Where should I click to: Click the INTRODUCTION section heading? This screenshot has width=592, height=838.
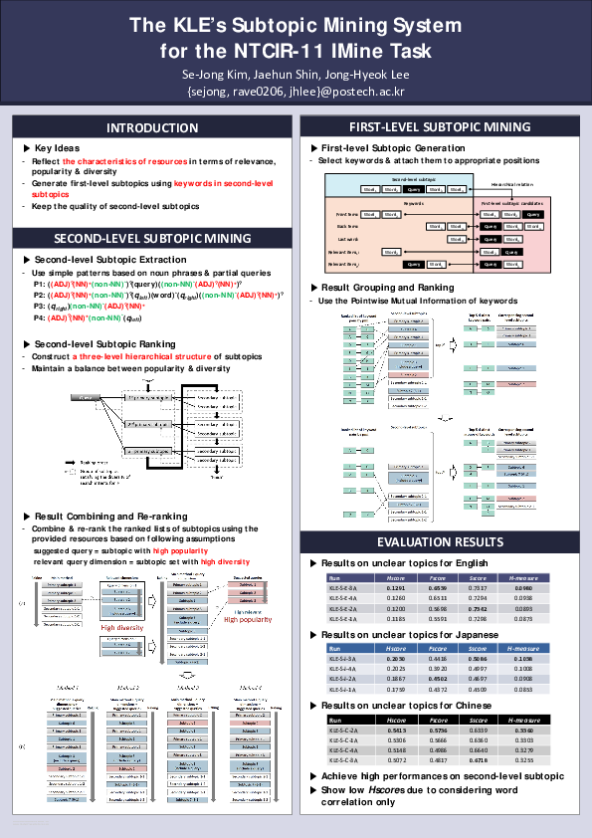[x=152, y=127]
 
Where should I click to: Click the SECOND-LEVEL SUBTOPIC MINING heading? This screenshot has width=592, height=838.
[x=152, y=239]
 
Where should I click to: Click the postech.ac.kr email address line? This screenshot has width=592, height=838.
[x=296, y=92]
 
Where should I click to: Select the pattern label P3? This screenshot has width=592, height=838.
[x=40, y=307]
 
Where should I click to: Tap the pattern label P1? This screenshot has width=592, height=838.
[x=40, y=284]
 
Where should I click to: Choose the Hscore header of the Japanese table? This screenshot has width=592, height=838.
[x=395, y=647]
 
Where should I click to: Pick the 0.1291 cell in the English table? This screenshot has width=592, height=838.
[x=395, y=588]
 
